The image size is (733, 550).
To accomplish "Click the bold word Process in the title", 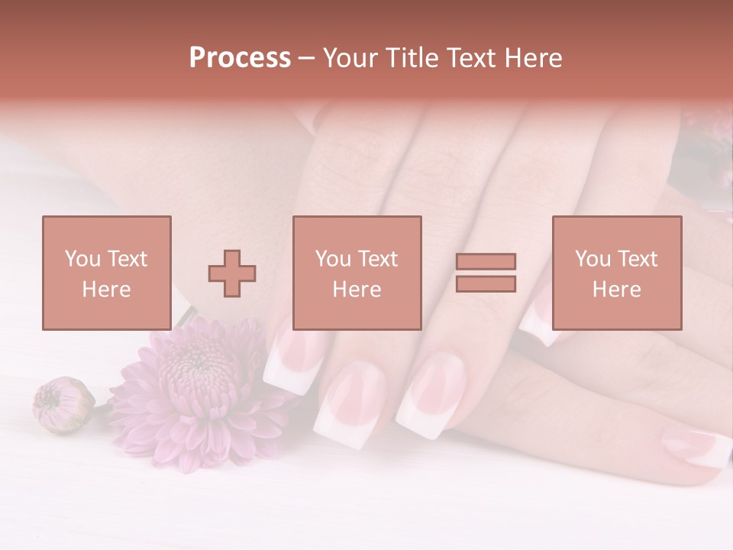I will pyautogui.click(x=240, y=57).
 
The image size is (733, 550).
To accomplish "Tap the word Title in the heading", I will pyautogui.click(x=410, y=58).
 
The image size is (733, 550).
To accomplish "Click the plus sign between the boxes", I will pyautogui.click(x=232, y=273).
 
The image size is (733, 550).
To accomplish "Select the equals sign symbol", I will pyautogui.click(x=486, y=273).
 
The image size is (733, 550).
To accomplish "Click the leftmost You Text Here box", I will pyautogui.click(x=106, y=273).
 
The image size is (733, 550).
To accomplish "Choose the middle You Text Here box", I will pyautogui.click(x=357, y=273).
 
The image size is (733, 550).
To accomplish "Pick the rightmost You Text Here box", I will pyautogui.click(x=616, y=273).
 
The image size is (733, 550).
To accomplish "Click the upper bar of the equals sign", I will pyautogui.click(x=486, y=261).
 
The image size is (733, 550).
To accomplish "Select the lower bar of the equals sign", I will pyautogui.click(x=486, y=284).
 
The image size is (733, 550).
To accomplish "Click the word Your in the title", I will pyautogui.click(x=349, y=58).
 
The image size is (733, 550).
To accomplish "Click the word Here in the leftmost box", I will pyautogui.click(x=106, y=290).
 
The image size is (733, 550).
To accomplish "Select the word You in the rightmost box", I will pyautogui.click(x=592, y=259).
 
